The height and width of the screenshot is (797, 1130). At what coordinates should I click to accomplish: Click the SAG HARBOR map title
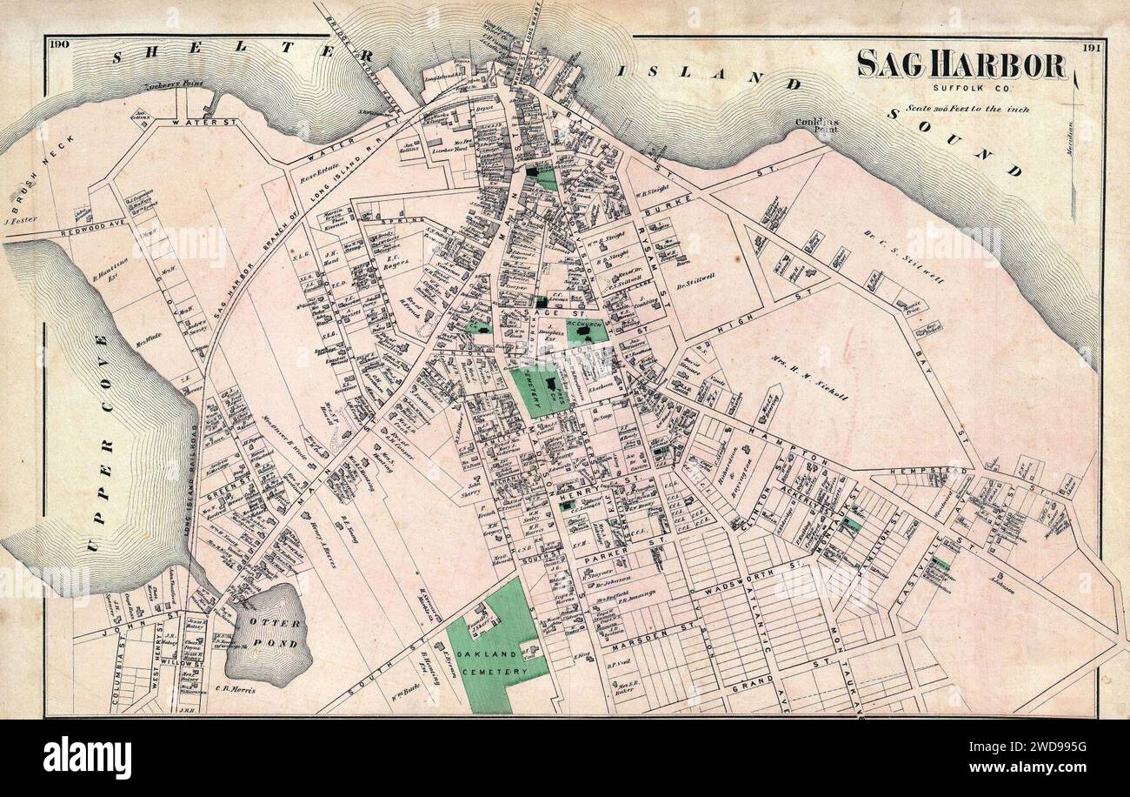pyautogui.click(x=961, y=65)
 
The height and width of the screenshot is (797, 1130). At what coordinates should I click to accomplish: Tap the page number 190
pyautogui.click(x=59, y=44)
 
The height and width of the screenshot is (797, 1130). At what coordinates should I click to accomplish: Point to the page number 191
pyautogui.click(x=1091, y=49)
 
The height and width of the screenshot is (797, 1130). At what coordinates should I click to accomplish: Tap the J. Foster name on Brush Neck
pyautogui.click(x=17, y=221)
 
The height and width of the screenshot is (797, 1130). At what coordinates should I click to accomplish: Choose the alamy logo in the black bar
pyautogui.click(x=87, y=757)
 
